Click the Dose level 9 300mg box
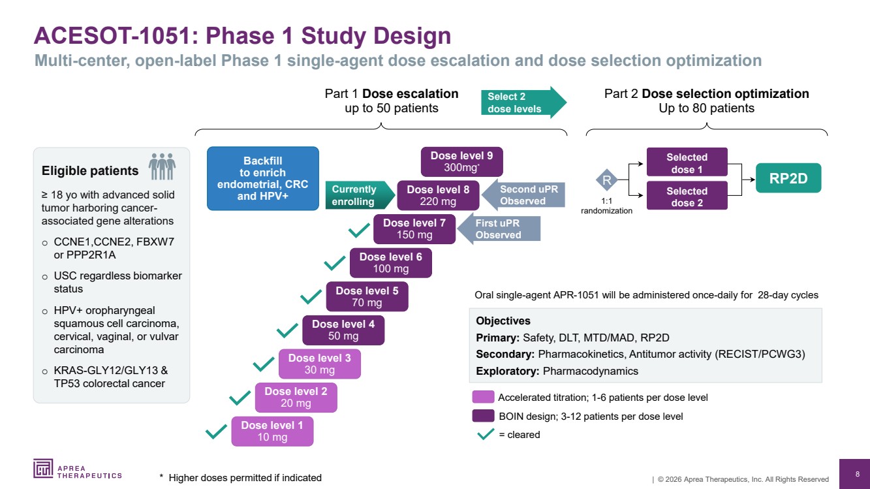pos(461,162)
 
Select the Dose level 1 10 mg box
pos(272,432)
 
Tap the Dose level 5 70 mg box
pos(367,296)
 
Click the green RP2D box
pos(788,178)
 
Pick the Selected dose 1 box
pos(687,163)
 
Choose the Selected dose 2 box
pos(687,197)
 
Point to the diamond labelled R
pos(607,180)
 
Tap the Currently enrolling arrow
pos(359,195)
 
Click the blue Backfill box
pos(262,178)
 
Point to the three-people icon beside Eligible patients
pos(163,166)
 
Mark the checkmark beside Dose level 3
pos(264,364)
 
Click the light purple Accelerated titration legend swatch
pos(483,397)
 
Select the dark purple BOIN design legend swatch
pos(483,416)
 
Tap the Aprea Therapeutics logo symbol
pos(44,468)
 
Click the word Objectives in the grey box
pos(503,321)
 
